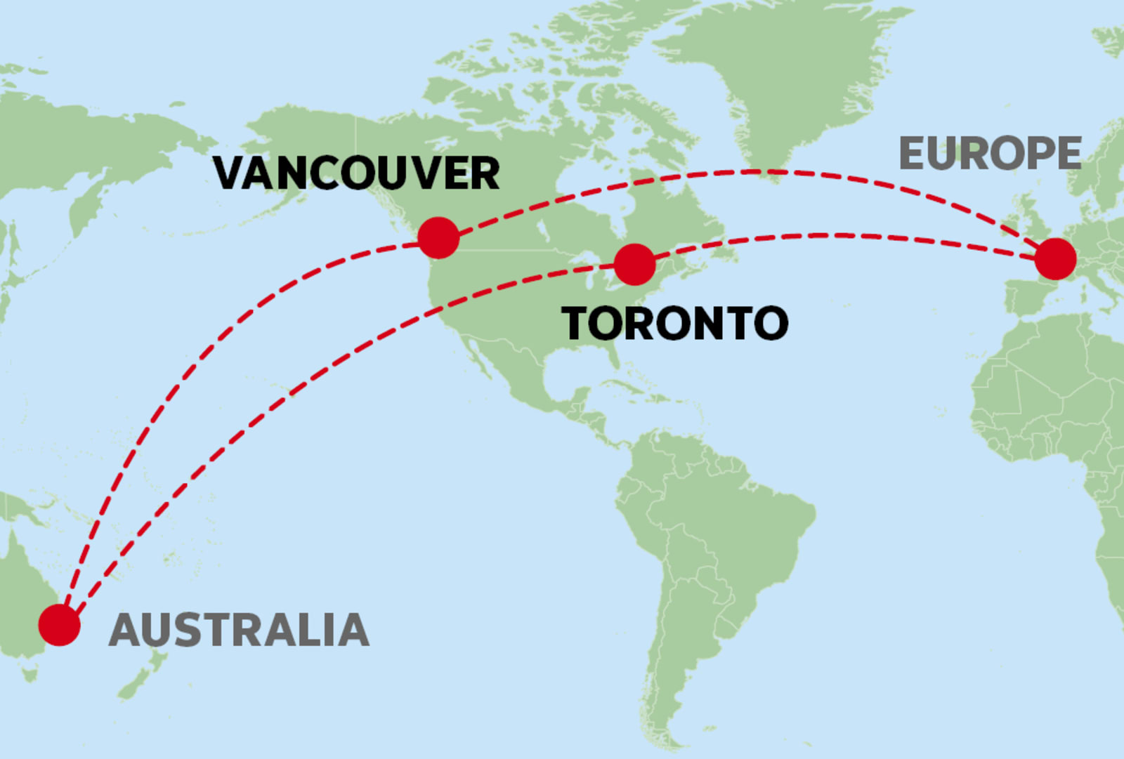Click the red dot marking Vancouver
pyautogui.click(x=438, y=237)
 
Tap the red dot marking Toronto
pyautogui.click(x=634, y=264)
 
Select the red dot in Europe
pyautogui.click(x=1055, y=258)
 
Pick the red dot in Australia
pyautogui.click(x=59, y=625)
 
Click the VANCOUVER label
pyautogui.click(x=356, y=173)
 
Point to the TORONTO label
pyautogui.click(x=675, y=324)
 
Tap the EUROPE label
pyautogui.click(x=990, y=154)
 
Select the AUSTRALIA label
pyautogui.click(x=239, y=630)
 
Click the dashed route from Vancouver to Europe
pyautogui.click(x=759, y=171)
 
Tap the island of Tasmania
pyautogui.click(x=29, y=675)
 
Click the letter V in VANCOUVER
pyautogui.click(x=230, y=173)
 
